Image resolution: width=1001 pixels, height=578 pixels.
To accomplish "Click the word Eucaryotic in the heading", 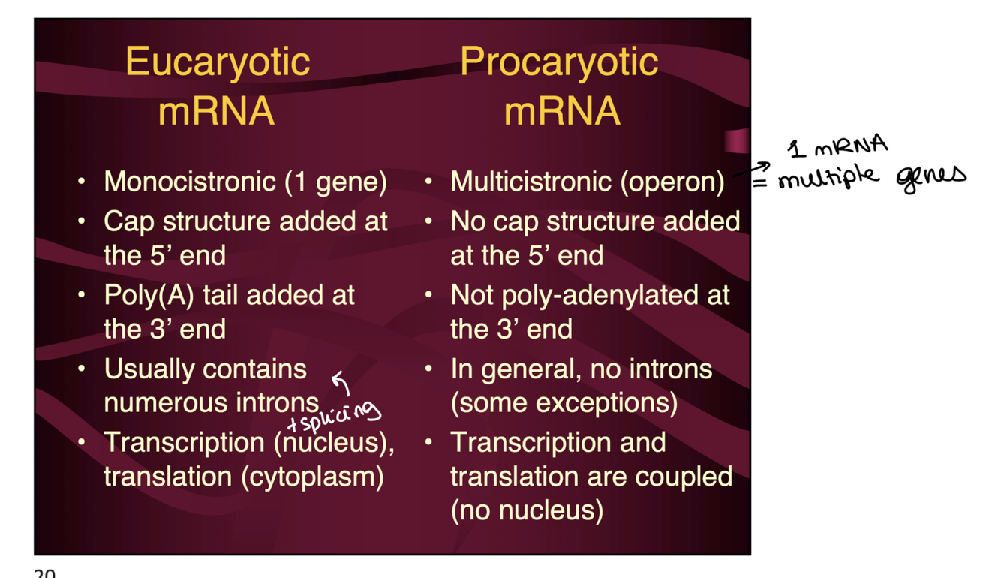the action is [x=218, y=62].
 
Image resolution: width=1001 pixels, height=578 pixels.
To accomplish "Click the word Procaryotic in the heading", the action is [x=559, y=62].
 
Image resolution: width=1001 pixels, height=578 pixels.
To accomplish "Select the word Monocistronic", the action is [x=190, y=182].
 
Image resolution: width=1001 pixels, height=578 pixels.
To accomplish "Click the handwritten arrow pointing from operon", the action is [x=751, y=170].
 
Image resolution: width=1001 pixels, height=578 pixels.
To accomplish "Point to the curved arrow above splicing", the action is [x=341, y=384].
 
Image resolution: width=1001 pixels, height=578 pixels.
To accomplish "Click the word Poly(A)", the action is [x=147, y=296].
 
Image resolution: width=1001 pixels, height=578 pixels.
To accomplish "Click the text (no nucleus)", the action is [x=527, y=510].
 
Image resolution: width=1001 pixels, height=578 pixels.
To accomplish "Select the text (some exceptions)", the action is [x=564, y=403].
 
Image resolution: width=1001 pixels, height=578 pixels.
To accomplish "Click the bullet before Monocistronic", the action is [x=82, y=182].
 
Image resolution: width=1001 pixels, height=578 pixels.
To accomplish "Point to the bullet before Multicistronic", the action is [x=428, y=182].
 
